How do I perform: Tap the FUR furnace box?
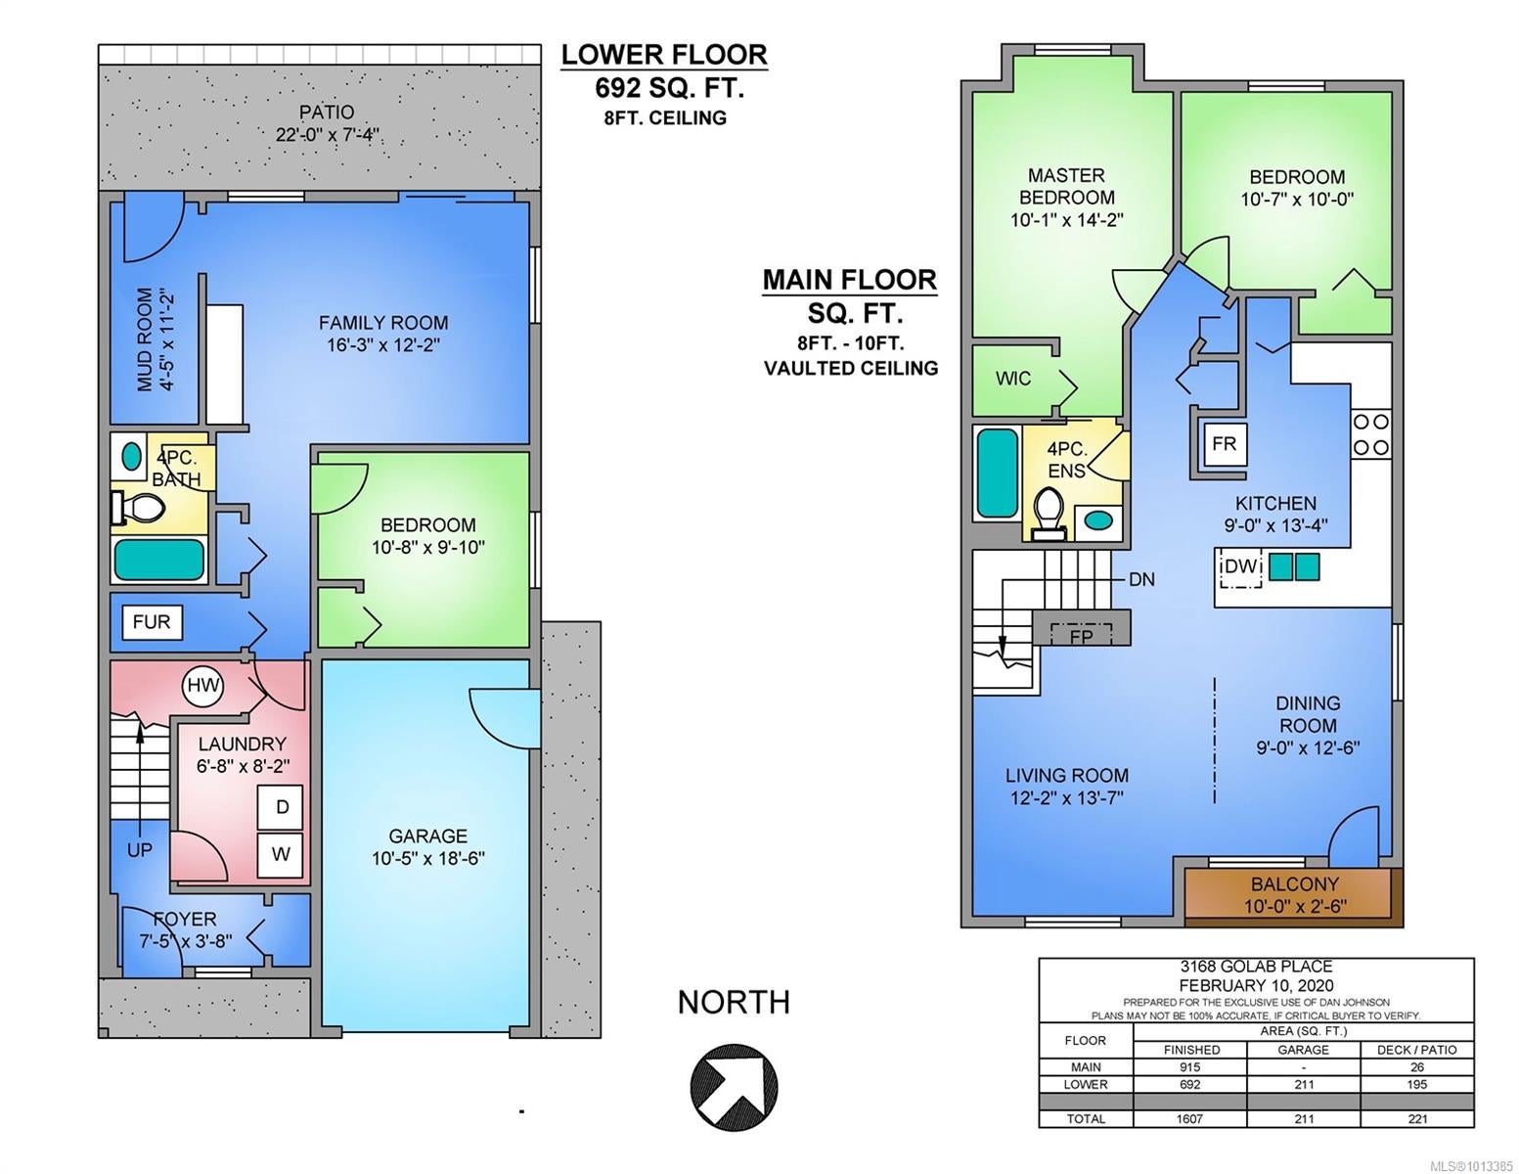(x=152, y=622)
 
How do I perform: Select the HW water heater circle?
(x=202, y=686)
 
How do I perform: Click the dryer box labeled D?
(x=281, y=807)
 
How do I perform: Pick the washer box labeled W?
(x=281, y=854)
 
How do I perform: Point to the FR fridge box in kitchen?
(x=1224, y=443)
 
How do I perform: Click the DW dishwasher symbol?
(x=1241, y=566)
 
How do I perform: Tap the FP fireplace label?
(x=1081, y=636)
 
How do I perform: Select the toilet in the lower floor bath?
(x=139, y=507)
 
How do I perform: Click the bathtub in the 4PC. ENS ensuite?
(x=998, y=473)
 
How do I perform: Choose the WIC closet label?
(x=1013, y=379)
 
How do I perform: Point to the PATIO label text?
(x=327, y=112)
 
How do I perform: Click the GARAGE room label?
(x=427, y=835)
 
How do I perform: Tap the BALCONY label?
(x=1295, y=883)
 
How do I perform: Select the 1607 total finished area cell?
(x=1189, y=1119)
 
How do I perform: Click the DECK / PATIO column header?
(x=1417, y=1050)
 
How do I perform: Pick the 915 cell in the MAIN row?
(x=1189, y=1067)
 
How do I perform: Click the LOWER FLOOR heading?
(x=664, y=55)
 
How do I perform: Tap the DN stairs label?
(x=1141, y=579)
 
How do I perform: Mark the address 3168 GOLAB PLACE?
(x=1256, y=967)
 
